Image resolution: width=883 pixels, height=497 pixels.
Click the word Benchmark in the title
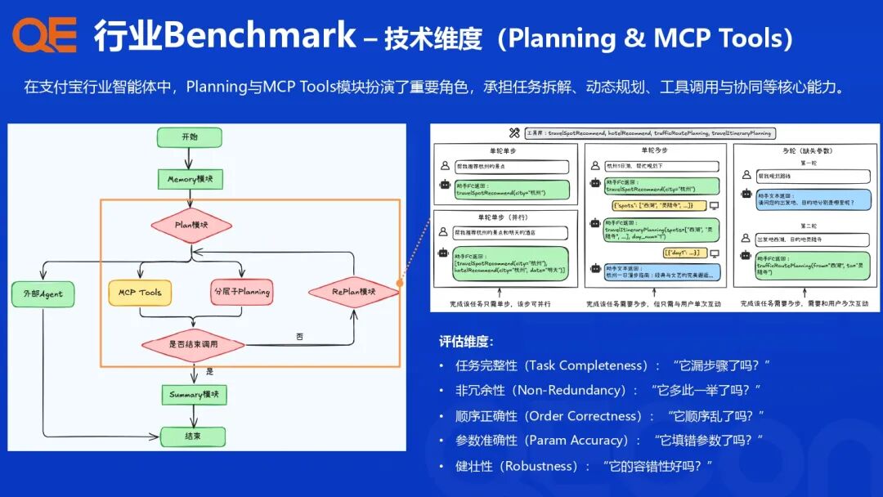coord(260,36)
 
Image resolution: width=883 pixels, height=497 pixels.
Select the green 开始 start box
coord(190,137)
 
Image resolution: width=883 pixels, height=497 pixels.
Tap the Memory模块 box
coord(190,179)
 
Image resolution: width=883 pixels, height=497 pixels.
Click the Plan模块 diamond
coord(191,225)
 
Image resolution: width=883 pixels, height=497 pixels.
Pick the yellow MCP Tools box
coord(140,292)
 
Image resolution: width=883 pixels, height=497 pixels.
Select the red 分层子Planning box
coord(241,292)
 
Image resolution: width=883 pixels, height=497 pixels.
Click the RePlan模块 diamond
coord(353,291)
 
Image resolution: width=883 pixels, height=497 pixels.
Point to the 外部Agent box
coord(43,294)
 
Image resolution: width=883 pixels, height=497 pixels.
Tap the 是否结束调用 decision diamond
coord(193,344)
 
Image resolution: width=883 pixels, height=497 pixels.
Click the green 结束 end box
coord(193,436)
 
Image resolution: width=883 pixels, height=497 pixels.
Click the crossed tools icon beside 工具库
coord(514,132)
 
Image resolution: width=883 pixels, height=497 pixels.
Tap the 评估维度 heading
coord(466,342)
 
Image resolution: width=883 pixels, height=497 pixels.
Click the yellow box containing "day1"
coord(685,253)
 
